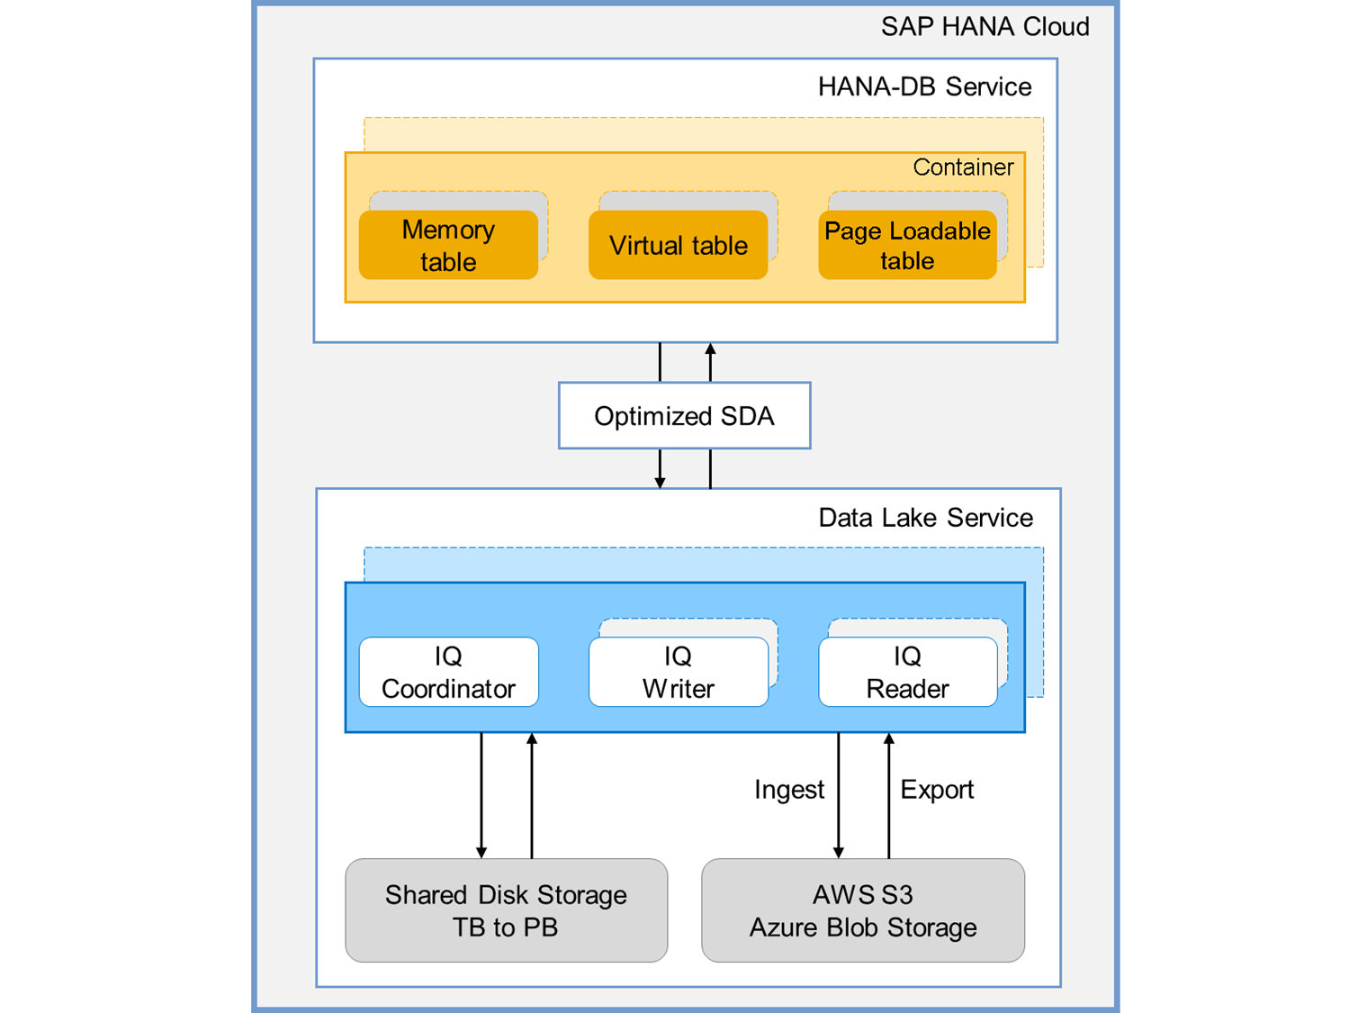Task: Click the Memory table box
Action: point(448,245)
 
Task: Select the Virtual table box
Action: point(678,245)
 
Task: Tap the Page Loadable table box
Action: point(907,245)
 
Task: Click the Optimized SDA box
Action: point(684,416)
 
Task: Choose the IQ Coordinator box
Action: point(448,673)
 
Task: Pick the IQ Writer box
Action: point(678,673)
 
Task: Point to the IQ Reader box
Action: point(907,673)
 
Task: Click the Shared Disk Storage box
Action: point(506,910)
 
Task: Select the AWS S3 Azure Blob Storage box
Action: point(862,910)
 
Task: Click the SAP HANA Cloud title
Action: point(985,27)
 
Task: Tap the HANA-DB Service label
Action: point(924,87)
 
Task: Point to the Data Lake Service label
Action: point(925,518)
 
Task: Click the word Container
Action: point(963,167)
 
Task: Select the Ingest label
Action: point(788,790)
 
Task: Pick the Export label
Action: point(937,790)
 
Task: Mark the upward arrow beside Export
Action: point(889,792)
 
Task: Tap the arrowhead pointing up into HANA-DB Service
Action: point(710,349)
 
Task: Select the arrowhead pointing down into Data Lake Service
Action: point(660,483)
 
